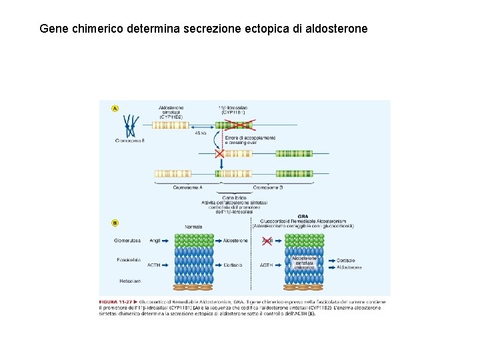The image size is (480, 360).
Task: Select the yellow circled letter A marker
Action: (x=115, y=108)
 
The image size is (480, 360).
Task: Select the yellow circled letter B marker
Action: (x=115, y=223)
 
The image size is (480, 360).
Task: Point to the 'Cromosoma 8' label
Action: (x=130, y=141)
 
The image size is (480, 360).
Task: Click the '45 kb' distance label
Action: (x=201, y=133)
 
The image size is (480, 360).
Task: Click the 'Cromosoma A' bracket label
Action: (x=187, y=187)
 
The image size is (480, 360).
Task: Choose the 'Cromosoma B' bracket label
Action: (x=267, y=187)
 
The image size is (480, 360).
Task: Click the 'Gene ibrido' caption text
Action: (x=234, y=197)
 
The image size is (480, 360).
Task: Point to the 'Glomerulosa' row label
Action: (x=128, y=241)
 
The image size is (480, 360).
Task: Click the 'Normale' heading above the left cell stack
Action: (x=193, y=227)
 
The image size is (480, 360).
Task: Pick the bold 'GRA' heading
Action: (x=303, y=216)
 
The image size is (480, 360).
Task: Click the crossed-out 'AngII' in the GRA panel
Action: (x=267, y=240)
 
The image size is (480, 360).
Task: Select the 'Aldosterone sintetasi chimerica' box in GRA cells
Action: (x=305, y=262)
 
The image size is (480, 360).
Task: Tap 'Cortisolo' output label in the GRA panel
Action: (x=346, y=260)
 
